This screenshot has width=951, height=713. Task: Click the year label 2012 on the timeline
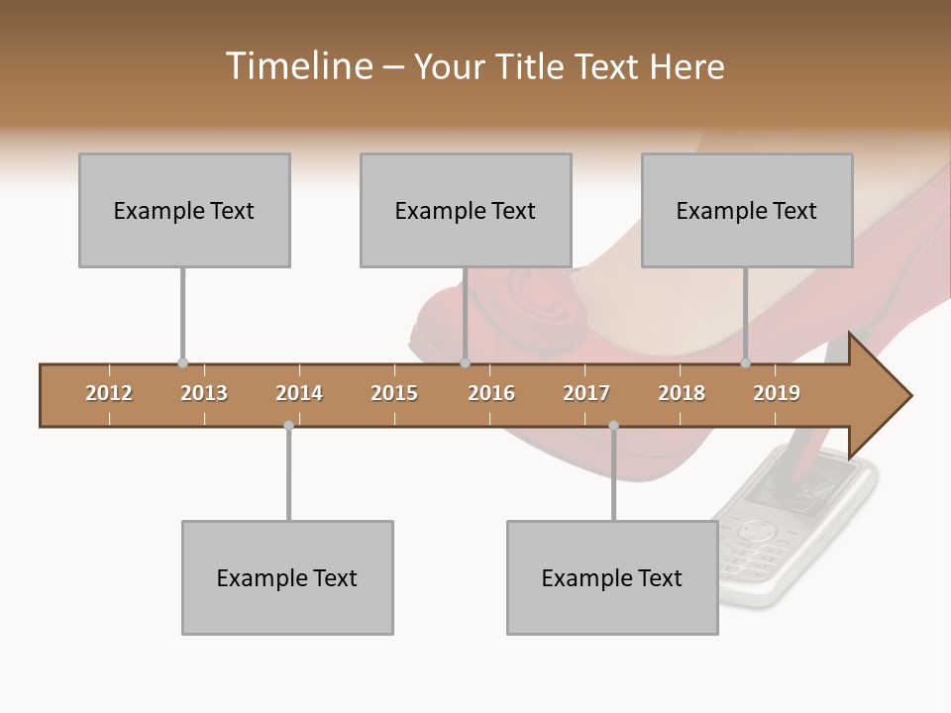coord(109,393)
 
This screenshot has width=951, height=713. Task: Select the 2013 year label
coord(204,393)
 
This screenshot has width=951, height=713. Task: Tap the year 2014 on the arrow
coord(299,393)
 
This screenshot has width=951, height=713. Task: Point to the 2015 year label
coord(394,393)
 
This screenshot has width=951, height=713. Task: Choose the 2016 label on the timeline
coord(491,393)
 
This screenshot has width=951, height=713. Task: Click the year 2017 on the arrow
coord(586,393)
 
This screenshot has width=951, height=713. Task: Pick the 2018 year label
coord(682,393)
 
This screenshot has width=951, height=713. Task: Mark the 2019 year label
coord(777,393)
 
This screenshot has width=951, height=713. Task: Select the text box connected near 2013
coord(184,210)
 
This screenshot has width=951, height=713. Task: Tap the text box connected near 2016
coord(466,210)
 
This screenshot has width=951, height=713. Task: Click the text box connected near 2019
coord(747,210)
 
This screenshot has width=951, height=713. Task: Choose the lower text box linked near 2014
coord(287,577)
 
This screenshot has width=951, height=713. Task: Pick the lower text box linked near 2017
coord(612,577)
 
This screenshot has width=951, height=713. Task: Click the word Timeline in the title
coord(297,66)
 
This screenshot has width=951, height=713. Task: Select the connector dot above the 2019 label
coord(746,362)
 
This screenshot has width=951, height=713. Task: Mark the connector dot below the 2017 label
coord(613,426)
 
